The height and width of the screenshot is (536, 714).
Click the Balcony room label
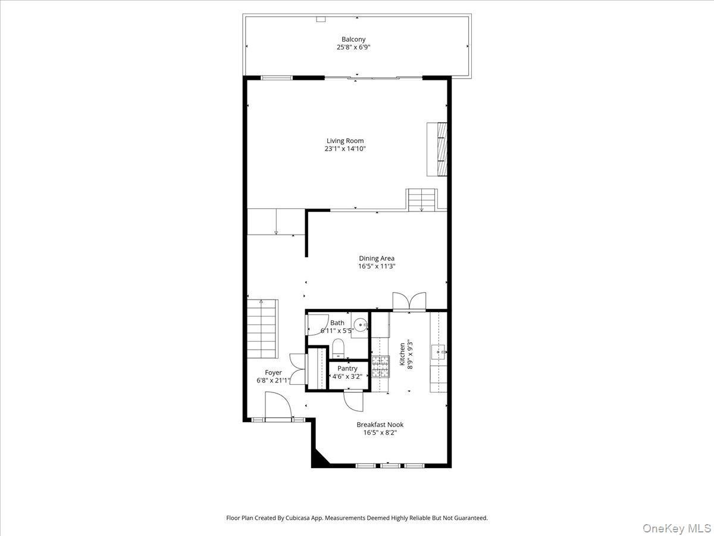click(353, 39)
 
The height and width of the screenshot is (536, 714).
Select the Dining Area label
click(376, 258)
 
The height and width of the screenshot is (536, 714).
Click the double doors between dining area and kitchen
click(409, 301)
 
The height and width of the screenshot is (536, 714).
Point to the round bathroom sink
click(361, 325)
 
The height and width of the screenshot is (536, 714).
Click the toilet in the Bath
click(338, 348)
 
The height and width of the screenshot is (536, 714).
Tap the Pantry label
click(347, 369)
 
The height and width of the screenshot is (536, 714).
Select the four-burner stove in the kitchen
click(380, 366)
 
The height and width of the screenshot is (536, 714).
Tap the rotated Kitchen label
click(402, 354)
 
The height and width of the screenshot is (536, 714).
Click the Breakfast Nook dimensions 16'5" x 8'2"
click(380, 433)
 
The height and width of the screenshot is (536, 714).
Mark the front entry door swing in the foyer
click(277, 406)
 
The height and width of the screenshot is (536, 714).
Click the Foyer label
click(273, 373)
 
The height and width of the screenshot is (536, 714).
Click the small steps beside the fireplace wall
click(421, 199)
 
